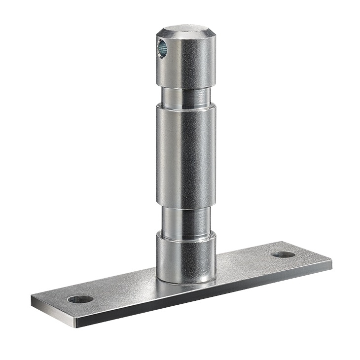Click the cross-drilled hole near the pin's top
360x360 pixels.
[x=162, y=48]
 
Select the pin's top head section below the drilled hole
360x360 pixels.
[x=187, y=69]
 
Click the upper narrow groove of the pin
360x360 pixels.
[x=186, y=96]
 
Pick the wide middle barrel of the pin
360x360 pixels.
[x=186, y=155]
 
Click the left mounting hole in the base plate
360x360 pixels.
[x=80, y=299]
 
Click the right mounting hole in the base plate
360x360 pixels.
[x=283, y=254]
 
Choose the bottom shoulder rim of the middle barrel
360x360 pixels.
[x=186, y=206]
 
